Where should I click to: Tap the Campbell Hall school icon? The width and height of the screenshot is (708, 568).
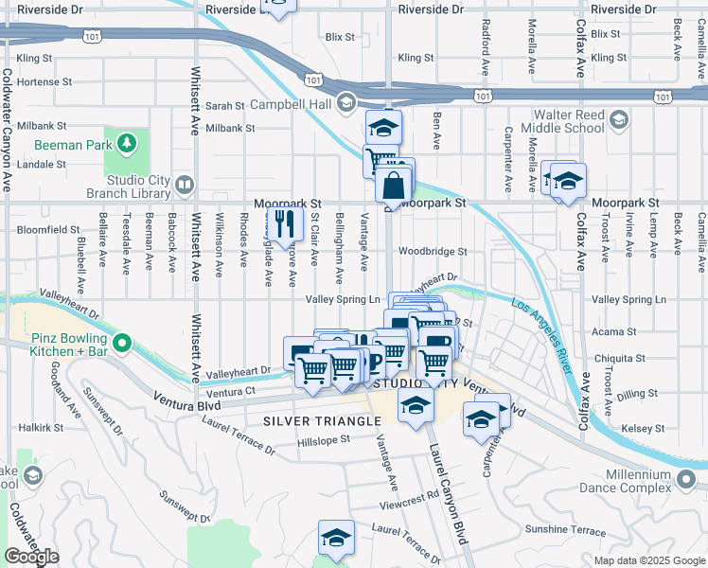(x=346, y=101)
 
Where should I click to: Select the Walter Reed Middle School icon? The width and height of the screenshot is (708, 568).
(x=619, y=119)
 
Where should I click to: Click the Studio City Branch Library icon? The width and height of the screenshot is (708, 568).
(x=185, y=185)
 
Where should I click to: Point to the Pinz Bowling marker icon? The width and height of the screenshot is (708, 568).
(x=121, y=342)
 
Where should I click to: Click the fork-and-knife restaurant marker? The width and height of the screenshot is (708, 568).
(x=282, y=224)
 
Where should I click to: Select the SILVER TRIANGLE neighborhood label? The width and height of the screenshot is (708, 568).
(x=310, y=419)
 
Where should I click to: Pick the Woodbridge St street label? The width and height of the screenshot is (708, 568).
(x=433, y=252)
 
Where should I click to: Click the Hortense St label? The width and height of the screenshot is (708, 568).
(x=38, y=82)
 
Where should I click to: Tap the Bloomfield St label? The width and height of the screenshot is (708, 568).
(x=47, y=229)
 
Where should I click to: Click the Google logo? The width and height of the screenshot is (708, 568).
(x=32, y=556)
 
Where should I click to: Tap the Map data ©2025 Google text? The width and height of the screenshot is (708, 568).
(x=648, y=560)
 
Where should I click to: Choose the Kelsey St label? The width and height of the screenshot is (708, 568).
(x=644, y=429)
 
